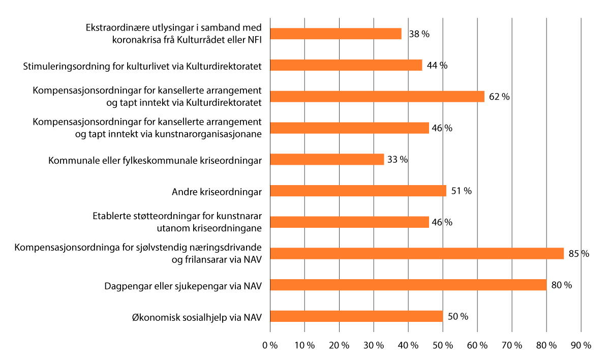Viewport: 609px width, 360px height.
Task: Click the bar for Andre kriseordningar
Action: [358, 191]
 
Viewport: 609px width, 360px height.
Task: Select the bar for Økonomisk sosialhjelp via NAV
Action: [356, 316]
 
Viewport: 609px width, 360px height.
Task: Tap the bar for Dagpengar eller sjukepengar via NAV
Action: [408, 285]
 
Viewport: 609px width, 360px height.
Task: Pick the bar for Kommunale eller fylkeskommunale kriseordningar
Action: [327, 159]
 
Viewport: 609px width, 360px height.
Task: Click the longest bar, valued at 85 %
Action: [417, 253]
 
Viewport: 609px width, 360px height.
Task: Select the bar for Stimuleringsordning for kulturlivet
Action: [346, 65]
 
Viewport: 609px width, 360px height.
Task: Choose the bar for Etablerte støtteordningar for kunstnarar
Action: [349, 222]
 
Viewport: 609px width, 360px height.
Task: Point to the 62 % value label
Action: [499, 97]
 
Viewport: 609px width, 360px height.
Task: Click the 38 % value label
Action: [419, 34]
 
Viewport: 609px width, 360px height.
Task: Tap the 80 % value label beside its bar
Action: [561, 285]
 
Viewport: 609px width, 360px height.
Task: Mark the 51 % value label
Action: [461, 191]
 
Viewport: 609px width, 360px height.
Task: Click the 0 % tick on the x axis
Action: [270, 345]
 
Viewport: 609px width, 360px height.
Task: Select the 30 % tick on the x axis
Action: [374, 345]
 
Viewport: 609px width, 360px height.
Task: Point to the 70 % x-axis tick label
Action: [512, 345]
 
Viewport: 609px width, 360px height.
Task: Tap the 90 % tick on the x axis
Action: [581, 345]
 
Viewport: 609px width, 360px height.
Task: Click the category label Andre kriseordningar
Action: [217, 192]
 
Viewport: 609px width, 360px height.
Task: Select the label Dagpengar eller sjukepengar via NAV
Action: [182, 286]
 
